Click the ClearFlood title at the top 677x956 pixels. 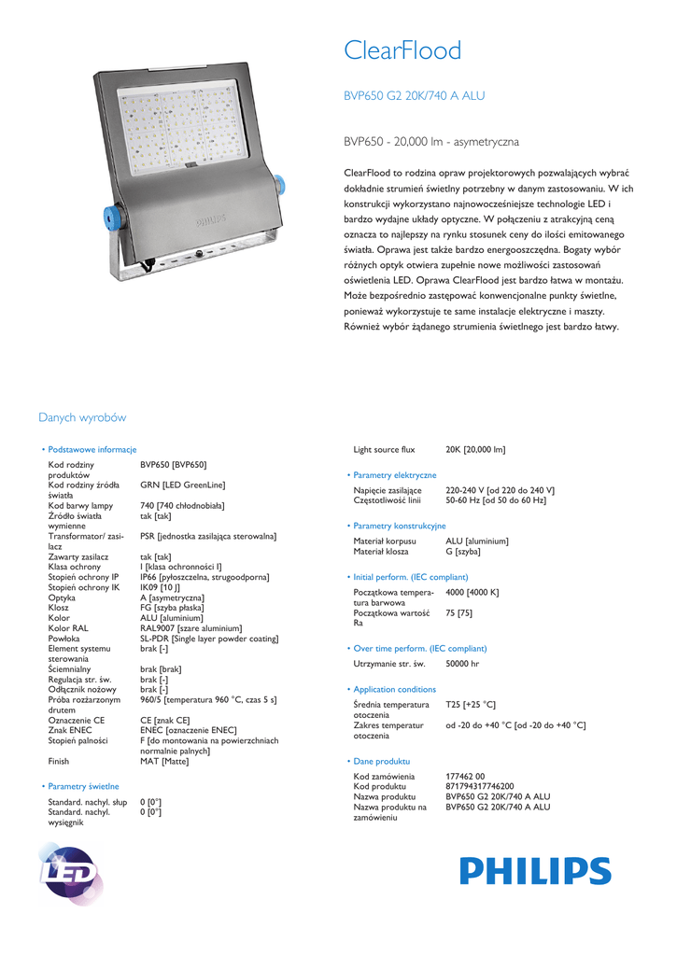pyautogui.click(x=402, y=51)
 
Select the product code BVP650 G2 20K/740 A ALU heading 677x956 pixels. pyautogui.click(x=415, y=96)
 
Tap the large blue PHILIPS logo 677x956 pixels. pyautogui.click(x=534, y=871)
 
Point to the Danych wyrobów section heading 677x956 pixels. pyautogui.click(x=82, y=417)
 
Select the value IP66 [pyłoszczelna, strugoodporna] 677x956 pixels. pyautogui.click(x=205, y=577)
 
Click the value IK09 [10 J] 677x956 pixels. pyautogui.click(x=161, y=587)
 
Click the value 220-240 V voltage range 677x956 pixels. pyautogui.click(x=500, y=490)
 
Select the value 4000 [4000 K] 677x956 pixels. pyautogui.click(x=472, y=592)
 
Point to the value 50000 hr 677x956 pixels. pyautogui.click(x=462, y=664)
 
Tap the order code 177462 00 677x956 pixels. pyautogui.click(x=465, y=776)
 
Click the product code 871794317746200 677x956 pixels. pyautogui.click(x=479, y=786)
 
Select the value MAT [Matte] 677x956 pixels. pyautogui.click(x=164, y=761)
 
